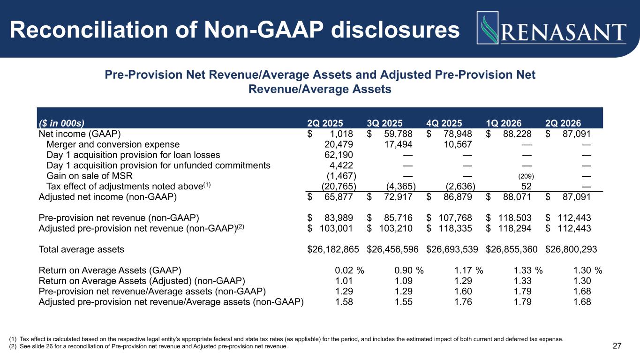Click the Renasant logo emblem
tap(488, 28)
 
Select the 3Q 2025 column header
tap(384, 123)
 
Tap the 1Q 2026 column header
tap(504, 123)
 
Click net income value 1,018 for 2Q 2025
tap(341, 134)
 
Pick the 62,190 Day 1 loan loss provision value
tap(339, 155)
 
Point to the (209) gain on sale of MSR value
tap(526, 176)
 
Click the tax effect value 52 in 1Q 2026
tap(526, 186)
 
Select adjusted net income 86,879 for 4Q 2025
tap(458, 197)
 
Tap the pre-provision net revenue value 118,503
tap(515, 218)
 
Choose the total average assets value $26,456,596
tap(392, 249)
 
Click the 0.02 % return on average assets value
tap(349, 270)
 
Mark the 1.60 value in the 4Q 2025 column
tap(463, 292)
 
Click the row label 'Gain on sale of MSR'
tap(90, 176)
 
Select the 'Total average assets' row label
tap(82, 249)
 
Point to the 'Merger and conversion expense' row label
tap(113, 144)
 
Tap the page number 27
tap(617, 346)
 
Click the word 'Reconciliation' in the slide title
tap(89, 30)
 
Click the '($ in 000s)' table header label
tap(61, 123)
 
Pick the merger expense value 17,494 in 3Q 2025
tap(398, 144)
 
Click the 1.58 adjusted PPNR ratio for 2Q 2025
tap(344, 302)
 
